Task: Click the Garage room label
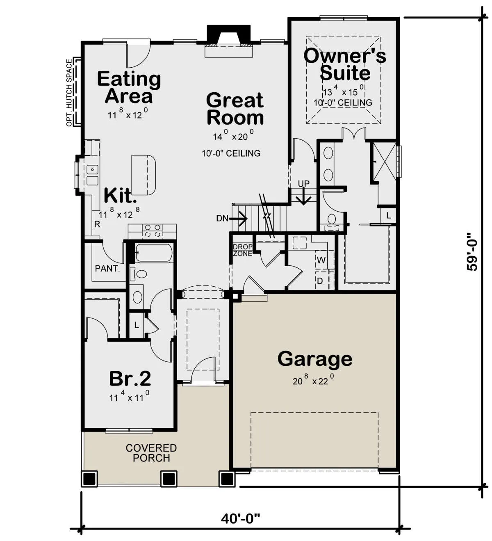coord(314,359)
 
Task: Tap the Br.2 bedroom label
coord(130,379)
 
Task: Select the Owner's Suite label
coord(345,64)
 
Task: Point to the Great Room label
coord(235,109)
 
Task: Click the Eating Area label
coord(129,87)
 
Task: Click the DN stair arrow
coord(239,218)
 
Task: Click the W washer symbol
coord(321,260)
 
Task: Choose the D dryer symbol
coord(320,281)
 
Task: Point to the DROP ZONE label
coord(243,250)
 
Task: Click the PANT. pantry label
coord(107,268)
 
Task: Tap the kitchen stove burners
coord(153,231)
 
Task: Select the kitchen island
coord(144,175)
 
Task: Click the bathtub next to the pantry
coord(153,253)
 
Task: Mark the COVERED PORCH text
coord(151,453)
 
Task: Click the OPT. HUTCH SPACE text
coord(69,93)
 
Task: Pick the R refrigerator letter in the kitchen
coord(97,224)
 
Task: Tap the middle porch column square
coord(169,478)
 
